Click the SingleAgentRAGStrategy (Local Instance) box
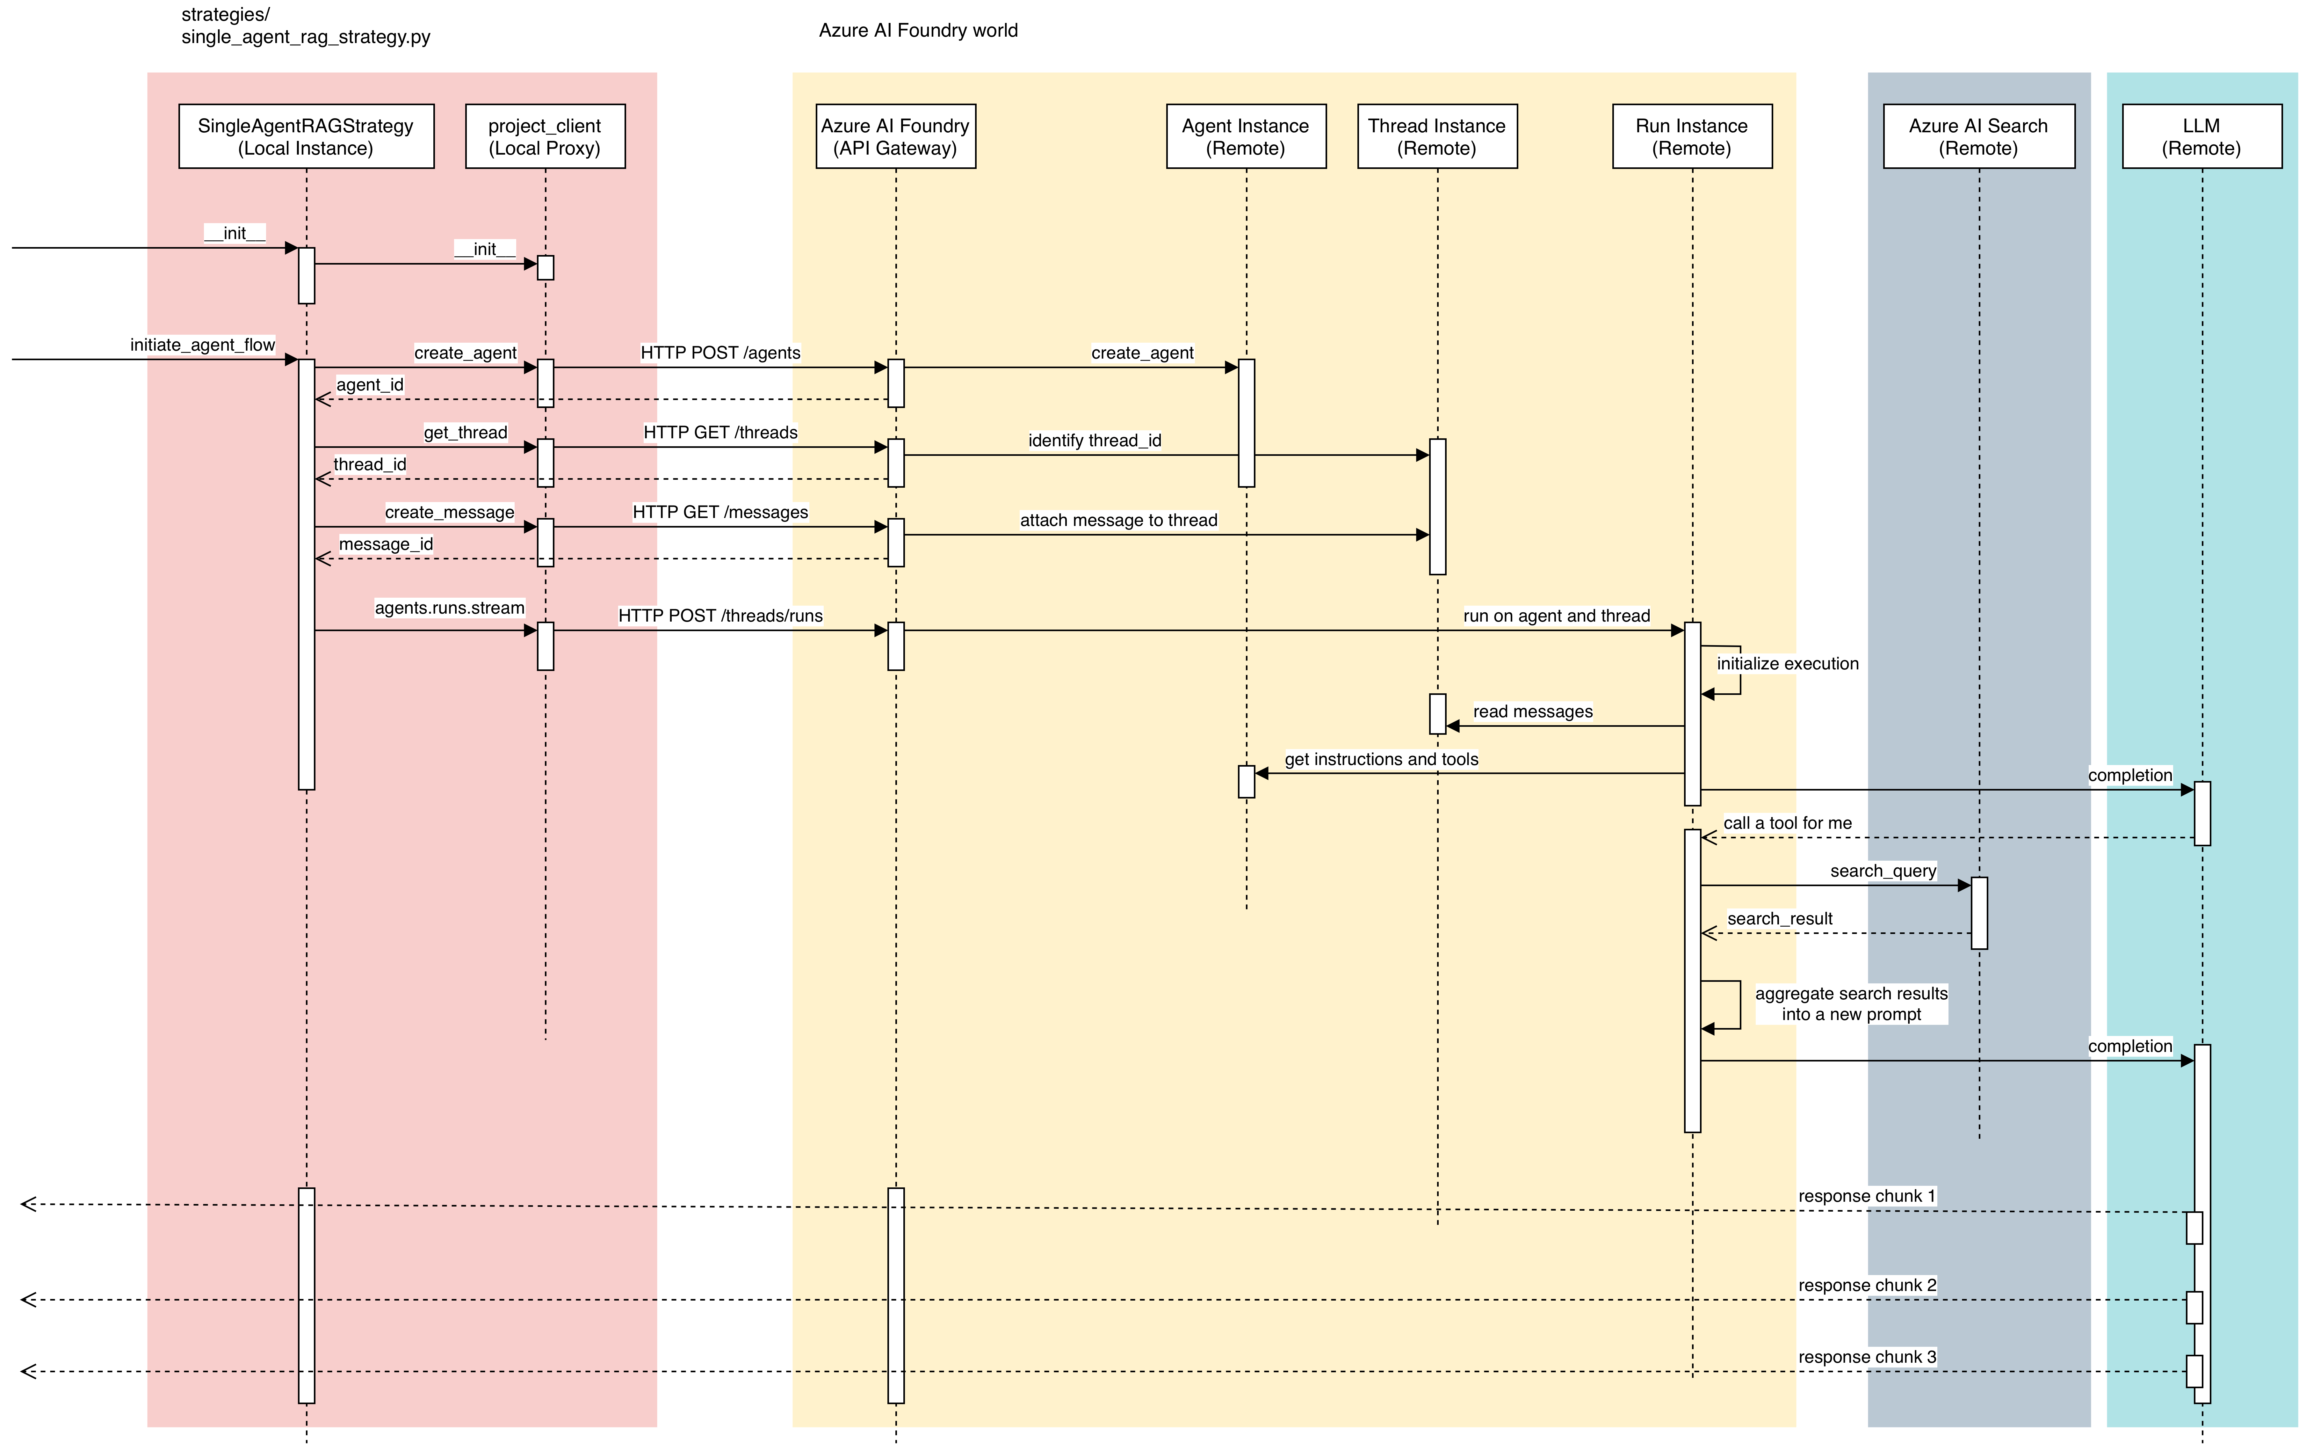tap(306, 136)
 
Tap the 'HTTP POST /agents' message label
tap(720, 353)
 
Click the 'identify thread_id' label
tap(1094, 440)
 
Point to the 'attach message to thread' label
tap(1118, 520)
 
